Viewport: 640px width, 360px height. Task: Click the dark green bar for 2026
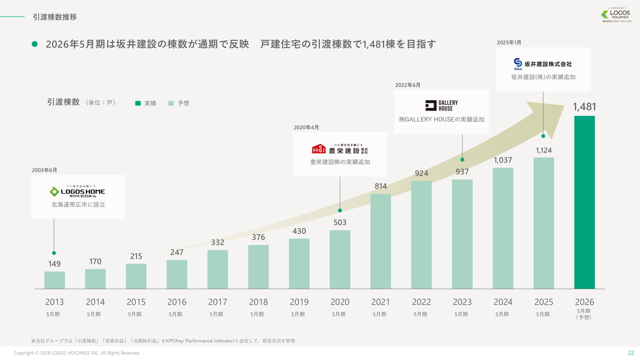(584, 202)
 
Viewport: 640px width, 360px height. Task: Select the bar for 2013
(54, 280)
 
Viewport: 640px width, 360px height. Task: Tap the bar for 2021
(380, 241)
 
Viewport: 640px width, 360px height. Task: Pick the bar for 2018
(258, 266)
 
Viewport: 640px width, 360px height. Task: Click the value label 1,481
(584, 106)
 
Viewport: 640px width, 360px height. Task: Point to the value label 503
(340, 222)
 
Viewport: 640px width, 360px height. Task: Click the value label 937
(462, 171)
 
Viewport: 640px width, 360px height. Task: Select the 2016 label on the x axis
(176, 302)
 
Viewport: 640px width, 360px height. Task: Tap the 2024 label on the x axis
(502, 302)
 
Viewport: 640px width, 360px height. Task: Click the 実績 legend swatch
(138, 103)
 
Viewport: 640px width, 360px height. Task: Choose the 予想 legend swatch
(171, 103)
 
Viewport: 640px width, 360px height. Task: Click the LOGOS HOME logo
(77, 191)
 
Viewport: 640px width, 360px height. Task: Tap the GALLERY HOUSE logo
(441, 105)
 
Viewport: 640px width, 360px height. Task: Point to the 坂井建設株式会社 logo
(542, 63)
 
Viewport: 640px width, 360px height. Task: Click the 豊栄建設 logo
(340, 149)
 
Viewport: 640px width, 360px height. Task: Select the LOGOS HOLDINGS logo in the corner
(616, 15)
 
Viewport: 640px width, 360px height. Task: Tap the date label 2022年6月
(407, 85)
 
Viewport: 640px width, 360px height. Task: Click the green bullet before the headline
(35, 44)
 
